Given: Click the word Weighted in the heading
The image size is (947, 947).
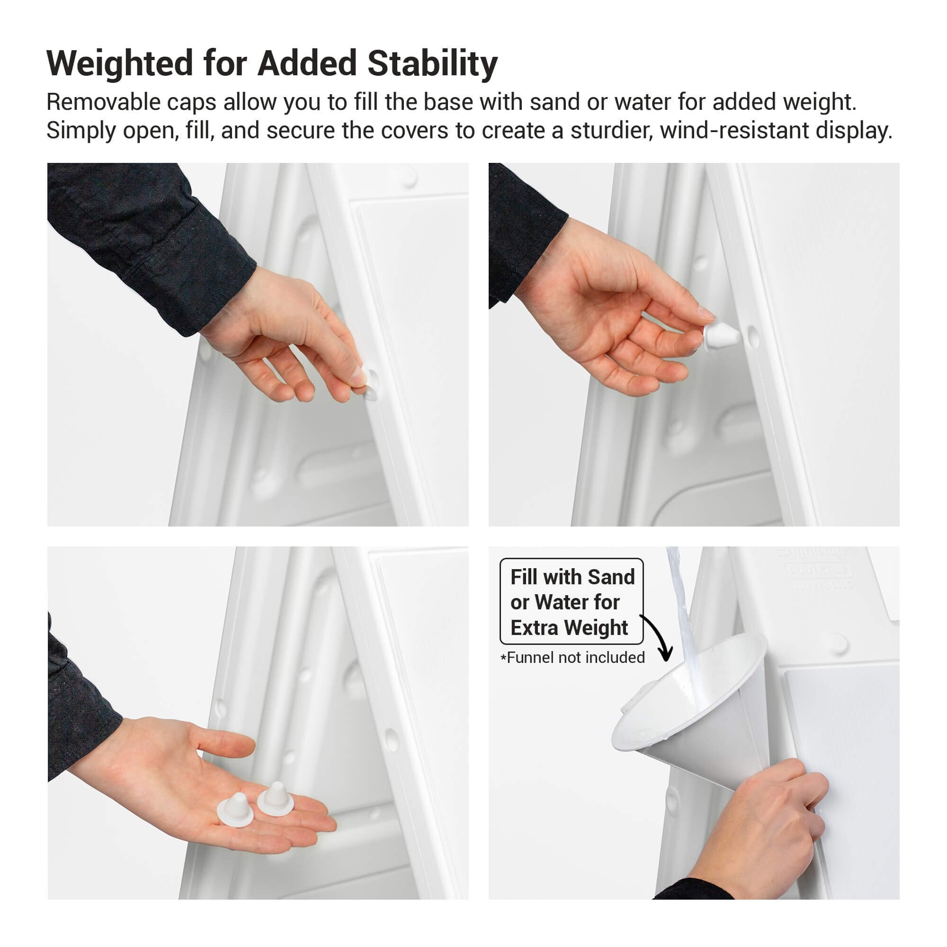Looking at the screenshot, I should [120, 64].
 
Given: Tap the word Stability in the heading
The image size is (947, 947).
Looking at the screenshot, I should [432, 64].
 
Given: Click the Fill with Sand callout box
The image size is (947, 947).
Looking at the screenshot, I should [571, 601].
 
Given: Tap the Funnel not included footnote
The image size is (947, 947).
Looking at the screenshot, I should [572, 657].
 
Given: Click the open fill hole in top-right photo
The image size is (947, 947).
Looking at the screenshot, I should [753, 337].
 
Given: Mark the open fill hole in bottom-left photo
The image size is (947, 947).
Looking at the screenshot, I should [391, 739].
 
